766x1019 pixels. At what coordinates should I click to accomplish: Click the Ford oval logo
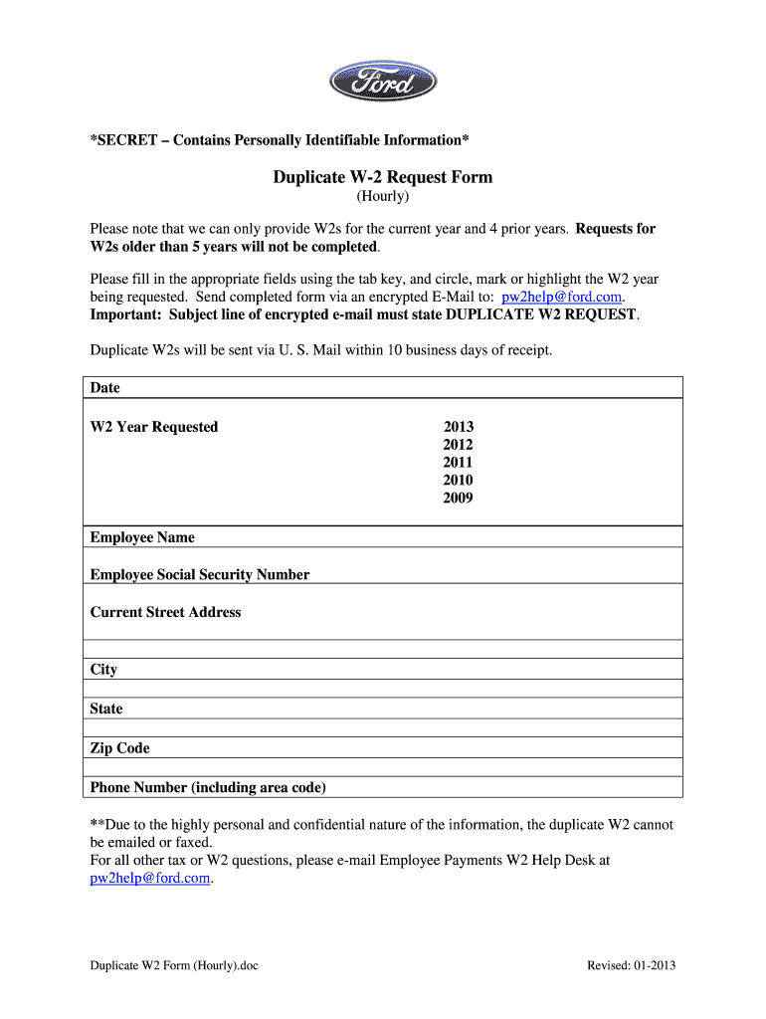point(383,80)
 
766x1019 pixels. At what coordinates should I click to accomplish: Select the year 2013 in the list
point(459,427)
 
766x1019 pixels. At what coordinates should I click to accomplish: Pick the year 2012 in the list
point(459,445)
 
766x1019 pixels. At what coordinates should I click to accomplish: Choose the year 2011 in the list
point(459,463)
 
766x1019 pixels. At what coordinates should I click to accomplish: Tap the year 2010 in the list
point(459,481)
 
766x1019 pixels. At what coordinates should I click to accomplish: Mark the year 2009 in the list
point(459,499)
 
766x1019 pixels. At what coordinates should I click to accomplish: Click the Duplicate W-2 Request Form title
point(383,177)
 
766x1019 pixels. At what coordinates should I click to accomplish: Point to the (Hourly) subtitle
point(383,197)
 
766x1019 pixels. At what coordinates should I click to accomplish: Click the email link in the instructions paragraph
point(562,298)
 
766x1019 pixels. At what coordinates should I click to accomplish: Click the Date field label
point(104,388)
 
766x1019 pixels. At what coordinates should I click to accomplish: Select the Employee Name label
point(142,537)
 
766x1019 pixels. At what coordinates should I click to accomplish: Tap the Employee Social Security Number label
point(200,575)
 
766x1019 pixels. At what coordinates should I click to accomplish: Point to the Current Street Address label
point(165,613)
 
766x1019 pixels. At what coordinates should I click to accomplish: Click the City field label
point(103,670)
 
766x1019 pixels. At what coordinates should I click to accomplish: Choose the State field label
point(106,709)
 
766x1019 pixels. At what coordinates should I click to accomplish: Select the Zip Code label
point(119,748)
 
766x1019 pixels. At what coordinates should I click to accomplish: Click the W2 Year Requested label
point(154,427)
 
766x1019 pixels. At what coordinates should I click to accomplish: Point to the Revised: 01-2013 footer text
point(632,965)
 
